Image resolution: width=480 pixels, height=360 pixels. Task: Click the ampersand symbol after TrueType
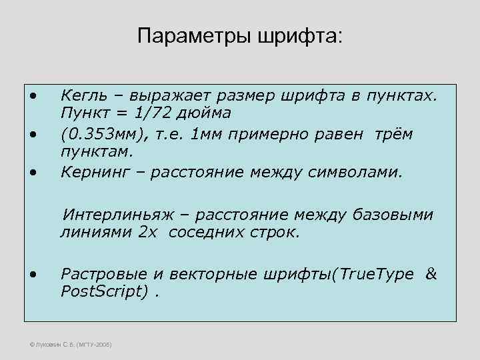(x=431, y=275)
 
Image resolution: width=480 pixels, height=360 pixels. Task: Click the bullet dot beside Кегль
(x=33, y=93)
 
